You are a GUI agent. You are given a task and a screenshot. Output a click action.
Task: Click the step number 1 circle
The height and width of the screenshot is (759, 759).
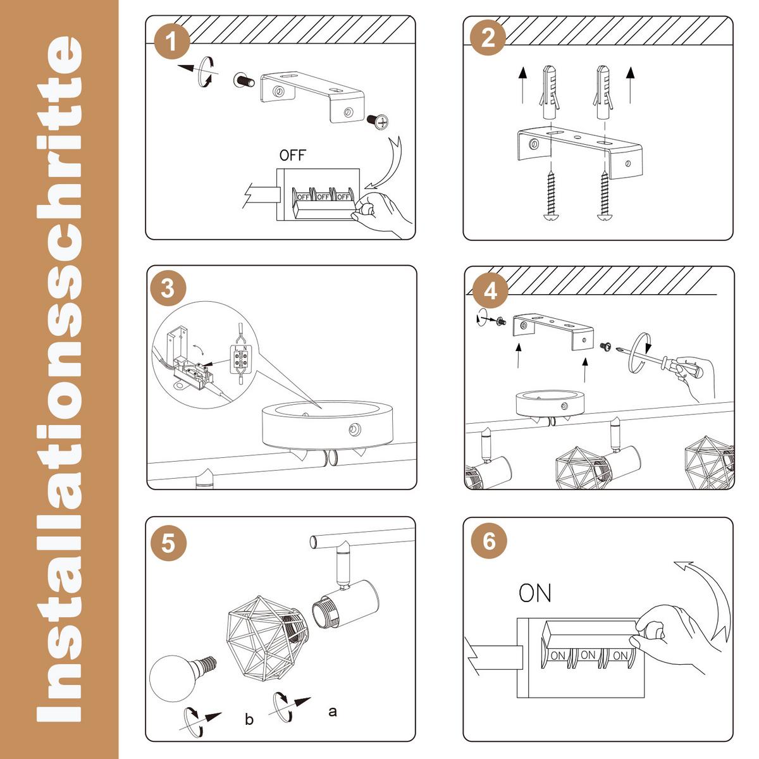pyautogui.click(x=172, y=41)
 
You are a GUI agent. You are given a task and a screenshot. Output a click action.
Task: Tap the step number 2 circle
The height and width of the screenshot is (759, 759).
pyautogui.click(x=488, y=38)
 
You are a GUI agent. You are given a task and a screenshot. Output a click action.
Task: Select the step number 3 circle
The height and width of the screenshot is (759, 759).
pyautogui.click(x=168, y=288)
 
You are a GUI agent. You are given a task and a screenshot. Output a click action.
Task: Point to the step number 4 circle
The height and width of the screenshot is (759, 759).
pyautogui.click(x=490, y=292)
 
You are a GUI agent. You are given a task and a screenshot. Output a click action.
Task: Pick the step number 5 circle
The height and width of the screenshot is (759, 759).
pyautogui.click(x=168, y=543)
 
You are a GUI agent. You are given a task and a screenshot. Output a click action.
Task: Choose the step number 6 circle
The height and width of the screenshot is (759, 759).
pyautogui.click(x=489, y=541)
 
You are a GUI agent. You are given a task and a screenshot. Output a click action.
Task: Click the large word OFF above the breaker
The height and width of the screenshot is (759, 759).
pyautogui.click(x=292, y=156)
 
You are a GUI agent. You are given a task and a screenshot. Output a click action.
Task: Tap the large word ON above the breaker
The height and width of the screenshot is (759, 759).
pyautogui.click(x=534, y=593)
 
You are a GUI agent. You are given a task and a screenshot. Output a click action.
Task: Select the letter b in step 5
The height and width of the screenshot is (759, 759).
pyautogui.click(x=249, y=719)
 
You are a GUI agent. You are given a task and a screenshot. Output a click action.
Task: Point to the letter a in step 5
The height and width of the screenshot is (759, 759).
pyautogui.click(x=333, y=712)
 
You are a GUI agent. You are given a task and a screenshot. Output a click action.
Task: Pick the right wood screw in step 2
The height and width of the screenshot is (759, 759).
pyautogui.click(x=604, y=194)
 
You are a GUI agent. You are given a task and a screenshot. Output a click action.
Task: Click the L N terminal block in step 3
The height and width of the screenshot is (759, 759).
pyautogui.click(x=240, y=359)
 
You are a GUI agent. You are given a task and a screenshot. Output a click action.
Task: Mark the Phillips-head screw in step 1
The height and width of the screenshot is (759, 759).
pyautogui.click(x=378, y=121)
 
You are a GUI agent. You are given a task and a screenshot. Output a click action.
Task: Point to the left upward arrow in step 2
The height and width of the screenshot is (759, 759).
pyautogui.click(x=522, y=85)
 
